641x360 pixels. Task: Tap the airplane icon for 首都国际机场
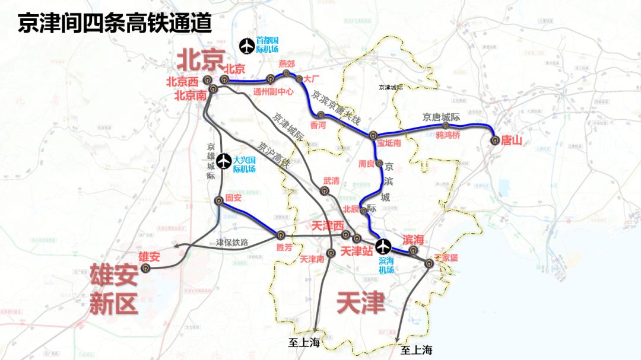(245, 45)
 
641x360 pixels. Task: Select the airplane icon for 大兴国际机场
(224, 161)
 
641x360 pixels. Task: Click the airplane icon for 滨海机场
(384, 245)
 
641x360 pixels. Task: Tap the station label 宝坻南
(389, 143)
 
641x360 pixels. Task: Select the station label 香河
(318, 125)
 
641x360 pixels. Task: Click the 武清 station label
(332, 180)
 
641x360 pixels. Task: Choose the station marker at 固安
(218, 200)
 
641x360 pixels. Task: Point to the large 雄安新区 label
(113, 290)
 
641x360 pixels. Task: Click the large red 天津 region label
(360, 303)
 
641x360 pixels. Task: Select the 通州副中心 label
(273, 92)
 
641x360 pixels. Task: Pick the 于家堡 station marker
(430, 263)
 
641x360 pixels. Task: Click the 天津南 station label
(312, 259)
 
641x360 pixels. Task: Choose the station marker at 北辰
(364, 210)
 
